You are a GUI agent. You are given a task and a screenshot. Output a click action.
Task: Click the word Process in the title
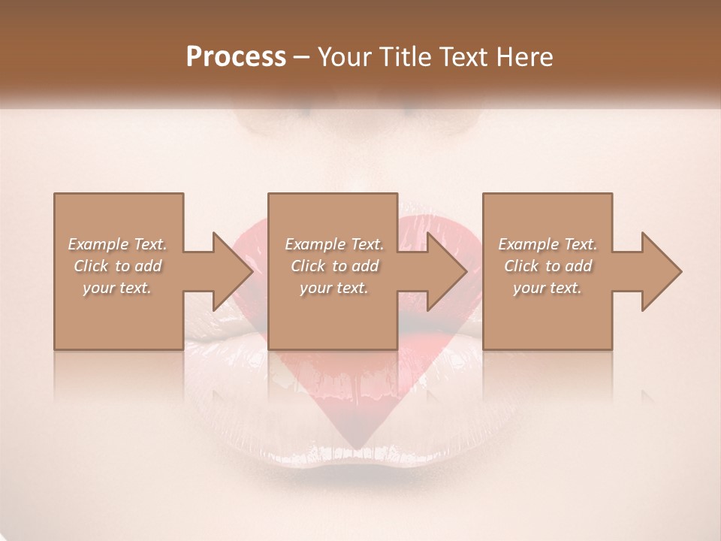tap(236, 57)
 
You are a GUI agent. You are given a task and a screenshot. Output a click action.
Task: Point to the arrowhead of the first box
tap(233, 271)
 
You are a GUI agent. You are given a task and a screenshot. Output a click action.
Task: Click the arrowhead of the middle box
tap(448, 271)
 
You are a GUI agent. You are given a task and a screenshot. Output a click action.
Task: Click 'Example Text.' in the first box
tap(118, 244)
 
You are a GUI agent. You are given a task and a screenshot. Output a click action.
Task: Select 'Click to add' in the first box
tap(118, 266)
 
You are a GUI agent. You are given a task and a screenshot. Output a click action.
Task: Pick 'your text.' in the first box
tap(118, 288)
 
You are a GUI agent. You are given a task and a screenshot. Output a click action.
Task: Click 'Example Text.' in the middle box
tap(334, 244)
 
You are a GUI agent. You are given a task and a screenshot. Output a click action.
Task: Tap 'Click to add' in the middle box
tap(334, 266)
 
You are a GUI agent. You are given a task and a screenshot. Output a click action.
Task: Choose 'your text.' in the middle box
tap(334, 288)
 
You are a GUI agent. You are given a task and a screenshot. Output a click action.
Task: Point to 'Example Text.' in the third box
tap(548, 244)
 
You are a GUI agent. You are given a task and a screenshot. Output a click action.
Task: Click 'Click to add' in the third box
tap(548, 266)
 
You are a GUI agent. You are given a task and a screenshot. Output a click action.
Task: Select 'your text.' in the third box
tap(548, 288)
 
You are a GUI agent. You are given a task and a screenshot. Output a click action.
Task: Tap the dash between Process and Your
tap(301, 58)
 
